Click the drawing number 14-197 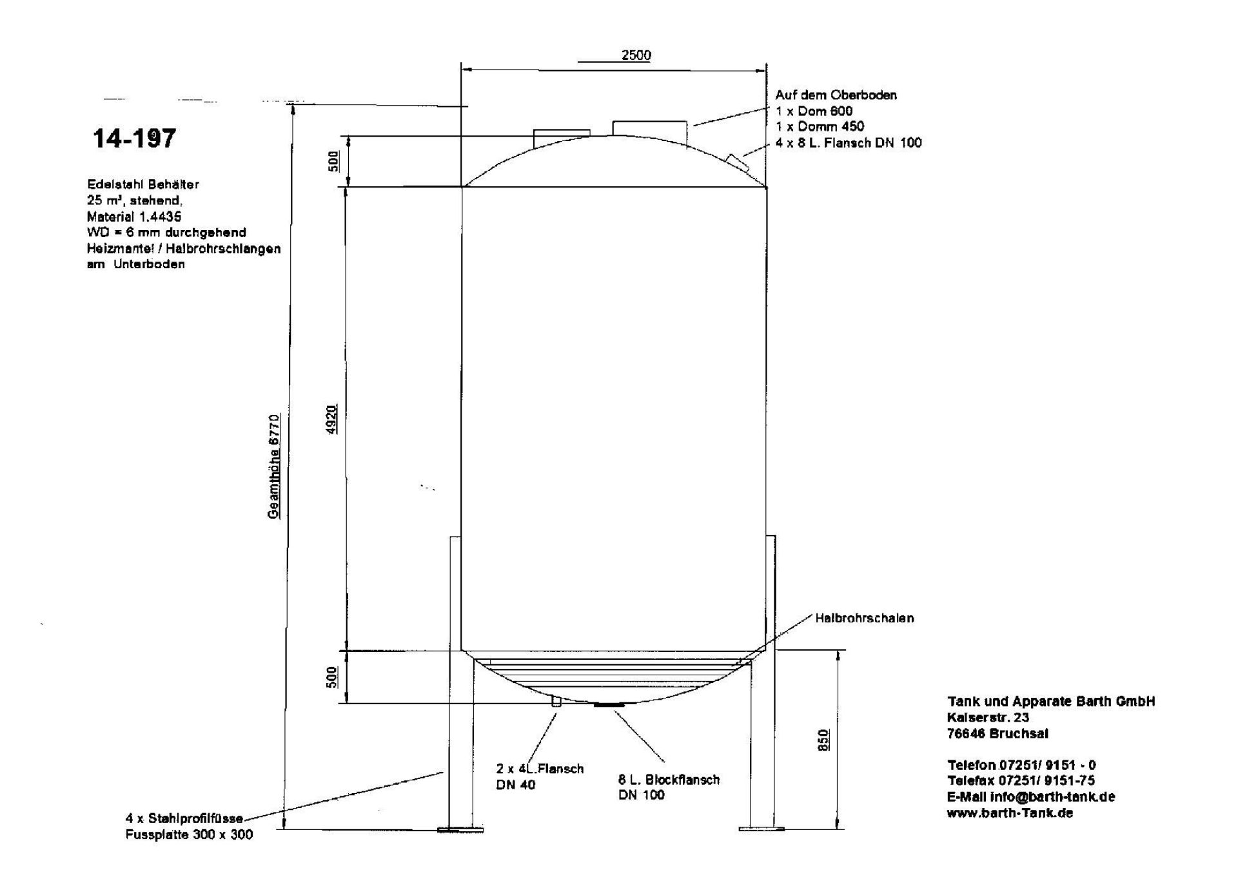134,139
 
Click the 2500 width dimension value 636,55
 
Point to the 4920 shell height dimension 331,419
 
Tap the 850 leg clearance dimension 823,739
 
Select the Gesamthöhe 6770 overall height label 274,466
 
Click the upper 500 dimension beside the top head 333,161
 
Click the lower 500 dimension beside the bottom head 332,677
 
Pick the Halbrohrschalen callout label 864,618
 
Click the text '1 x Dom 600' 814,111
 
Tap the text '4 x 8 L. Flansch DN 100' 849,142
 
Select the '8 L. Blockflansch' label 669,780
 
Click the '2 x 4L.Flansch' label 540,769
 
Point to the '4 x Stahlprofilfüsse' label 184,819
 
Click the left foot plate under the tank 460,830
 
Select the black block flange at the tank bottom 609,706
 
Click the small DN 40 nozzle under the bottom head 556,702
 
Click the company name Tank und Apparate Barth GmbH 1051,701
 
